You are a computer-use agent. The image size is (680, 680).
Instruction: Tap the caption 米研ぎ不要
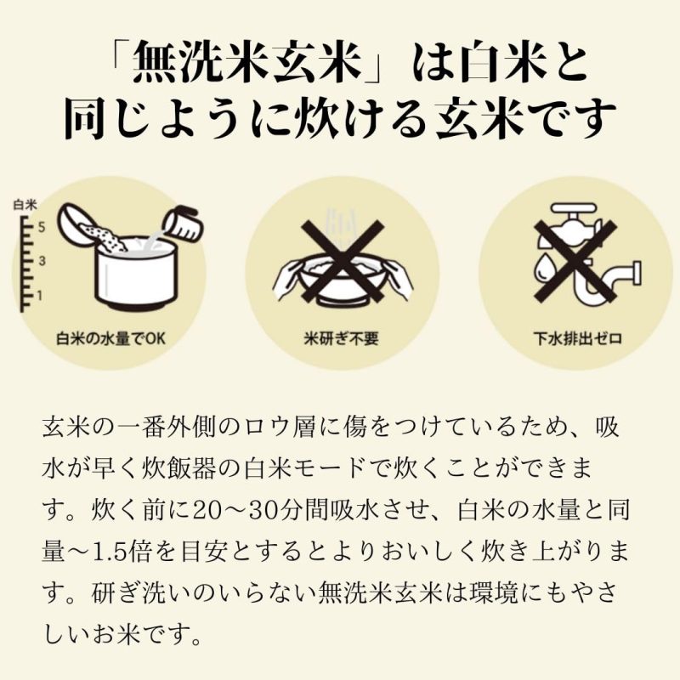point(341,337)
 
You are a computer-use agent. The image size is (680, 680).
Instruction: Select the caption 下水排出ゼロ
point(573,337)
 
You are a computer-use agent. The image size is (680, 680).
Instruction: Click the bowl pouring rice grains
point(81,222)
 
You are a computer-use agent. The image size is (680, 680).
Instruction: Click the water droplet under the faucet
point(544,268)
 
